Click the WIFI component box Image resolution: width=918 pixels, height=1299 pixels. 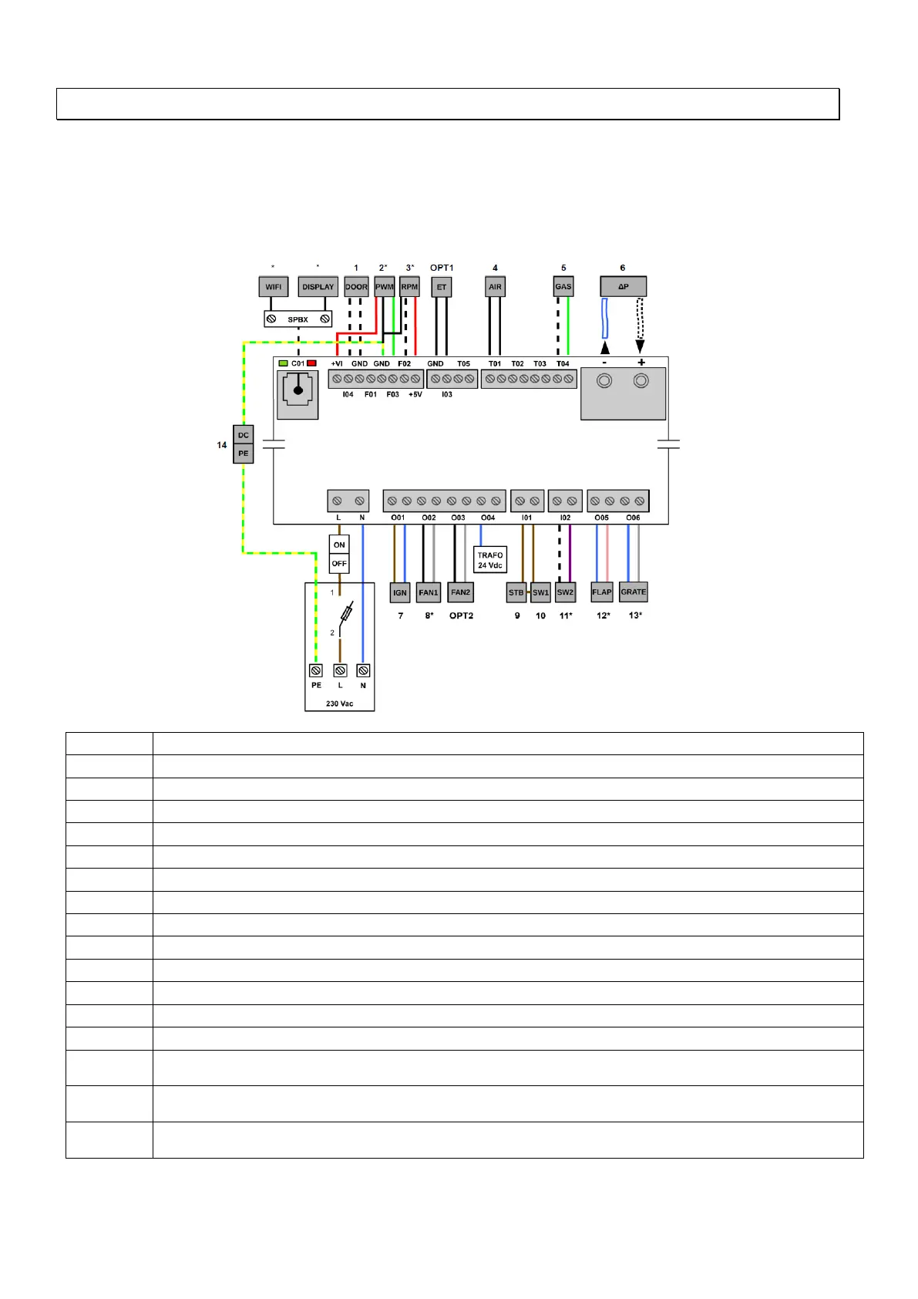pyautogui.click(x=273, y=287)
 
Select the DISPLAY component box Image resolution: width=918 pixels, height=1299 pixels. pyautogui.click(x=318, y=287)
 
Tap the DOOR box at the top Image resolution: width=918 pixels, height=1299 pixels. pyautogui.click(x=356, y=287)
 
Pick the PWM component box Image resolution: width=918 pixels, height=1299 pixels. pyautogui.click(x=384, y=287)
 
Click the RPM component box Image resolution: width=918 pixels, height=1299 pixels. pyautogui.click(x=409, y=287)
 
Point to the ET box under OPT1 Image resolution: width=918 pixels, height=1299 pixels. pyautogui.click(x=442, y=287)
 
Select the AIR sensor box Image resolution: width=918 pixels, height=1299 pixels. pyautogui.click(x=495, y=287)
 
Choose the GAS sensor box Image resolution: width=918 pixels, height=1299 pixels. pyautogui.click(x=563, y=287)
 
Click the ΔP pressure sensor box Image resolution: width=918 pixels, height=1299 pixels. pyautogui.click(x=623, y=287)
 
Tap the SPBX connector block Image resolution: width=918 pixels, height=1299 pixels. pyautogui.click(x=298, y=319)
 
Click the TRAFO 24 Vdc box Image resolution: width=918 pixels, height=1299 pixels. pyautogui.click(x=489, y=560)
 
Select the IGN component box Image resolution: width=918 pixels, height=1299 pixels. pyautogui.click(x=399, y=592)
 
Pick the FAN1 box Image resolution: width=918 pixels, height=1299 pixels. pyautogui.click(x=428, y=592)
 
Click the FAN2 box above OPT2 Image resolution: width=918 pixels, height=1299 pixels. pyautogui.click(x=460, y=592)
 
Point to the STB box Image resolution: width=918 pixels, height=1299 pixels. pyautogui.click(x=516, y=592)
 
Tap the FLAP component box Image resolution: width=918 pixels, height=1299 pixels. pyautogui.click(x=601, y=592)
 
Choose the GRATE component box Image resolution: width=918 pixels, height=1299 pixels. pyautogui.click(x=634, y=592)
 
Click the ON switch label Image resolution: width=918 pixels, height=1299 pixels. pyautogui.click(x=339, y=545)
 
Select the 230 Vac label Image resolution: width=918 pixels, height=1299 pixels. pyautogui.click(x=339, y=703)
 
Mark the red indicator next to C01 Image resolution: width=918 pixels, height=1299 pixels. pyautogui.click(x=311, y=363)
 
